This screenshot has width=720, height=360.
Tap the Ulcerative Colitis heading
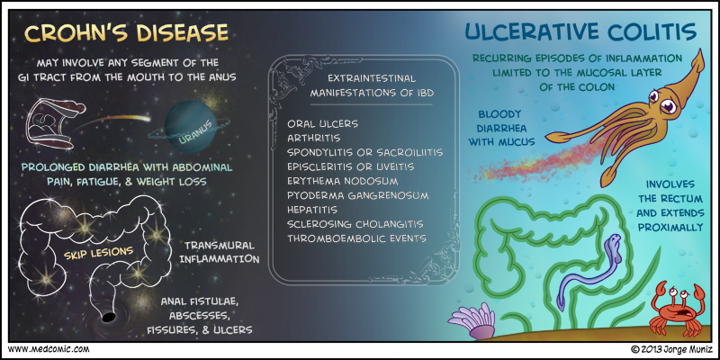pyautogui.click(x=581, y=33)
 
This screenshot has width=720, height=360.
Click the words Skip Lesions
pyautogui.click(x=96, y=251)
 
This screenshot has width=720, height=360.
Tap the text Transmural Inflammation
pyautogui.click(x=220, y=252)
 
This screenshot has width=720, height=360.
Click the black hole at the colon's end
pyautogui.click(x=107, y=316)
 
